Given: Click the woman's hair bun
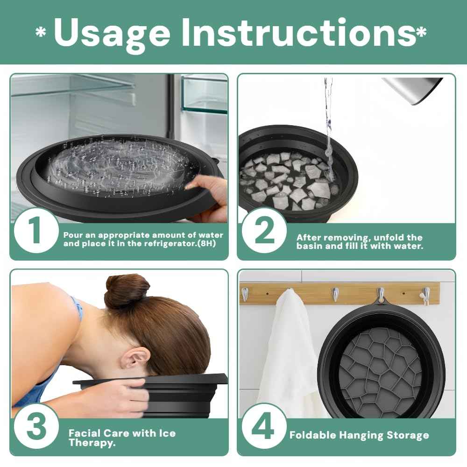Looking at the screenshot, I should click(x=127, y=289).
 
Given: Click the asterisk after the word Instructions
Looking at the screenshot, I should click(x=422, y=32).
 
